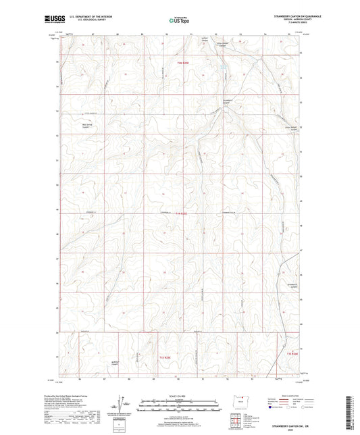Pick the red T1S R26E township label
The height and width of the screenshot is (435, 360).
tap(292, 353)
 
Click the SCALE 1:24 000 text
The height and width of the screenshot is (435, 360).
tap(180, 396)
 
